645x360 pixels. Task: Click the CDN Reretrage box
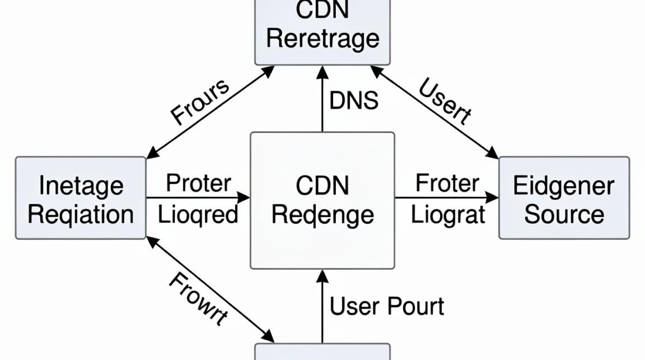coord(322,32)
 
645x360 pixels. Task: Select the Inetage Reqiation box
coord(81,198)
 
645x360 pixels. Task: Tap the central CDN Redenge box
coord(322,201)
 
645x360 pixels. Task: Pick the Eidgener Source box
coord(564,198)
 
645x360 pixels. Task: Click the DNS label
coord(354,100)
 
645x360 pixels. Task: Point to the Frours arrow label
coord(200,102)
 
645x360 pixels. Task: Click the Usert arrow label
coord(445,102)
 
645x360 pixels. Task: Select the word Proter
coord(199,183)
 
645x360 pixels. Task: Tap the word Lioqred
coord(198,215)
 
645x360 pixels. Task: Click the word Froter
coord(447,183)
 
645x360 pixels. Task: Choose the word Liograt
coord(448,215)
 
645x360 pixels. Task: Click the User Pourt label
coord(387,306)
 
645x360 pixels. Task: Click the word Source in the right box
coord(564,215)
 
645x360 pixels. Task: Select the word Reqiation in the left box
coord(81,215)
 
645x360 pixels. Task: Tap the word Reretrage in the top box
coord(323,39)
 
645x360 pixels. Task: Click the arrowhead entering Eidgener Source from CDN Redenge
coord(492,198)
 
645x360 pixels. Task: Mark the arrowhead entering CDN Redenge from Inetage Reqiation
coord(244,198)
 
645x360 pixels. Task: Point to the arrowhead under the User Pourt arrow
coord(322,276)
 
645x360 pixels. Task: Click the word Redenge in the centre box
coord(323,216)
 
